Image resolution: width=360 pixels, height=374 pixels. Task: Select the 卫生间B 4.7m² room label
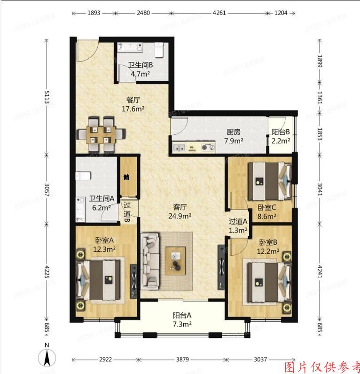point(140,70)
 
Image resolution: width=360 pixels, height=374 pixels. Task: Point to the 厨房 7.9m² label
point(233,136)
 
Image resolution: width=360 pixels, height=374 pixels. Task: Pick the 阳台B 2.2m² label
point(281,136)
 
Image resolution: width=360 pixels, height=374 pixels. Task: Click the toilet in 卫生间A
point(83,176)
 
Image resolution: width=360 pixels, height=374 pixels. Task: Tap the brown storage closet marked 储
point(127,177)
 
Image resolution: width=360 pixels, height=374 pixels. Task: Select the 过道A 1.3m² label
point(238,226)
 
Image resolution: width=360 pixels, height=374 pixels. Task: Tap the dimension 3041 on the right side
point(320,192)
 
